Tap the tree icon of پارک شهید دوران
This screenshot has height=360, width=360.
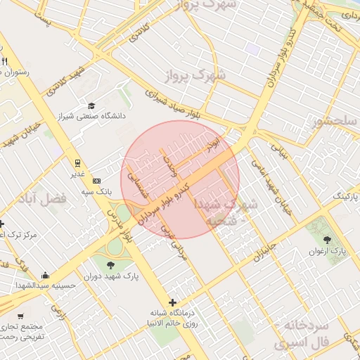111,265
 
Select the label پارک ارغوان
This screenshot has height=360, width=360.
328,250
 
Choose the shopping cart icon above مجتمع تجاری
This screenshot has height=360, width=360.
20,316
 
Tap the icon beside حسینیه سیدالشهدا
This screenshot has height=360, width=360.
46,275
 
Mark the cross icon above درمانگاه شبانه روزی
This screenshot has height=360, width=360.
172,302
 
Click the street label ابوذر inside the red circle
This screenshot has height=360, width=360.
212,146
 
